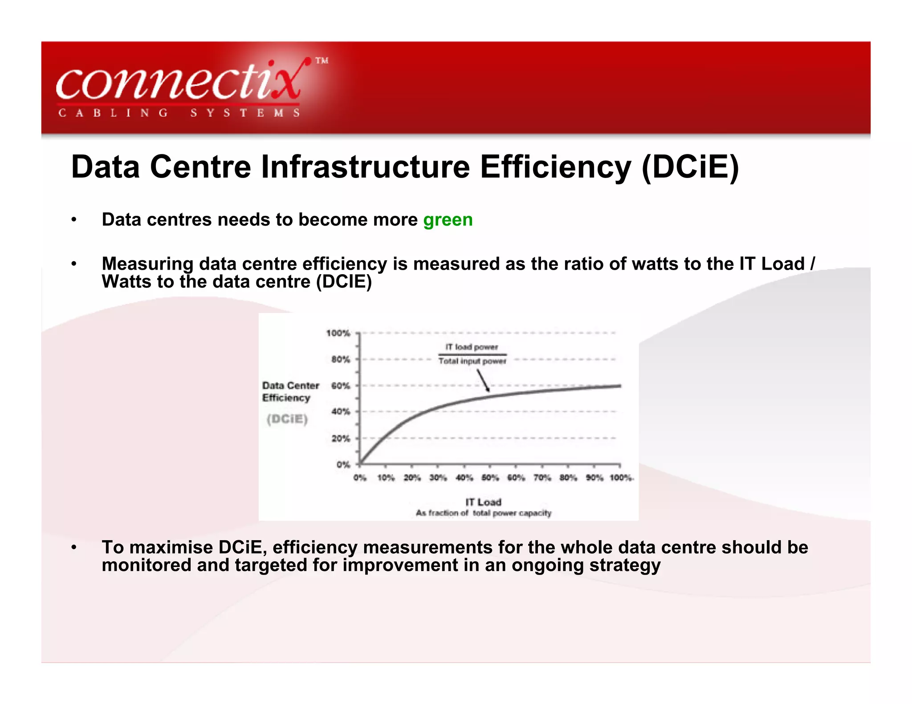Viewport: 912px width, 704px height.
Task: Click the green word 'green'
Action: [448, 220]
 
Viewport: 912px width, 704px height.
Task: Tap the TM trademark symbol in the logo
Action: [322, 61]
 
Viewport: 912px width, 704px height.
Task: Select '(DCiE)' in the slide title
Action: [690, 167]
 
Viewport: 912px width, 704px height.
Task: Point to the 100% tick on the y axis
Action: [338, 333]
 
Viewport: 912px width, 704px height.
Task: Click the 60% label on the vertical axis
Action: [341, 385]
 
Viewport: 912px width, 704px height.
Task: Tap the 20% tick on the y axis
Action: [341, 438]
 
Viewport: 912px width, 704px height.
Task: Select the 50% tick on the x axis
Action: [490, 477]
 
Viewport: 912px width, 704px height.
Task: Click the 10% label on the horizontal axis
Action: [386, 477]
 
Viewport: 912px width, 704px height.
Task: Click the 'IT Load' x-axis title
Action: [483, 502]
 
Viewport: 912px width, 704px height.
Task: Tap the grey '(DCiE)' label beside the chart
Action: [287, 419]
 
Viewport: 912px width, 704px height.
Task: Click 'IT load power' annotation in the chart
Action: [472, 347]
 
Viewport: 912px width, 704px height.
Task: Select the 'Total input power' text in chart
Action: [472, 361]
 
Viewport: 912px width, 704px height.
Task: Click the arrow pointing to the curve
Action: [483, 381]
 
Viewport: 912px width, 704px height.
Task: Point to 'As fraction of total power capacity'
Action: [483, 513]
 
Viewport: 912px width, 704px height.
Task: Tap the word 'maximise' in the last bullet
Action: [171, 547]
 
